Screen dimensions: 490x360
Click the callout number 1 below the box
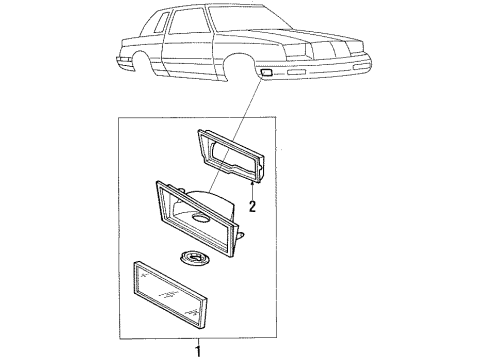(198, 350)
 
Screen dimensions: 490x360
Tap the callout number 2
(253, 207)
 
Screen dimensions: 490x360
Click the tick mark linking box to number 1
(198, 338)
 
